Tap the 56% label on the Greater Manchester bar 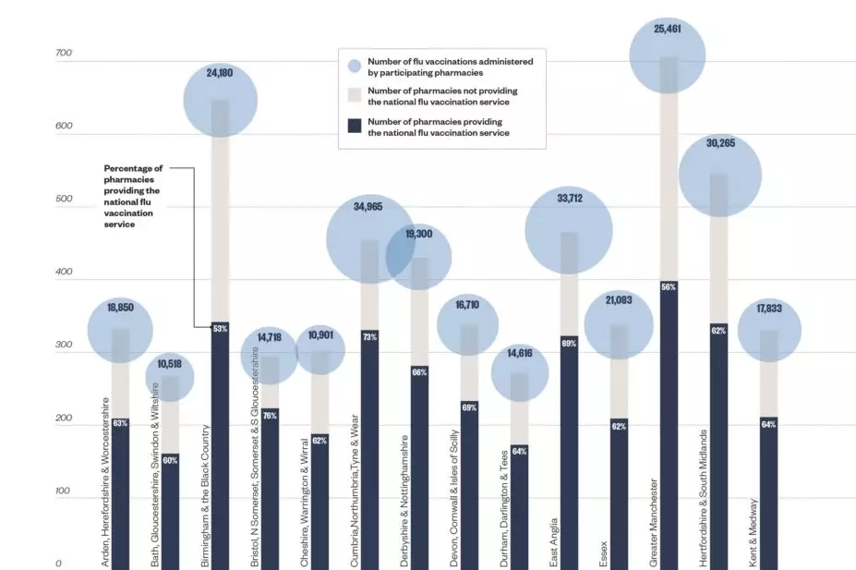click(668, 287)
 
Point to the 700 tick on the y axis click(63, 55)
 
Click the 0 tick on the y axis click(57, 563)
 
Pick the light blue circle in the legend click(355, 66)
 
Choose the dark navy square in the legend click(355, 126)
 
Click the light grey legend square click(355, 96)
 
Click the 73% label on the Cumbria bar click(368, 336)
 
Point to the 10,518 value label click(170, 364)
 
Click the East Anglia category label click(553, 537)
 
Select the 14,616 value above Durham click(519, 353)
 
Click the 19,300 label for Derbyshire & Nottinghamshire click(418, 234)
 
